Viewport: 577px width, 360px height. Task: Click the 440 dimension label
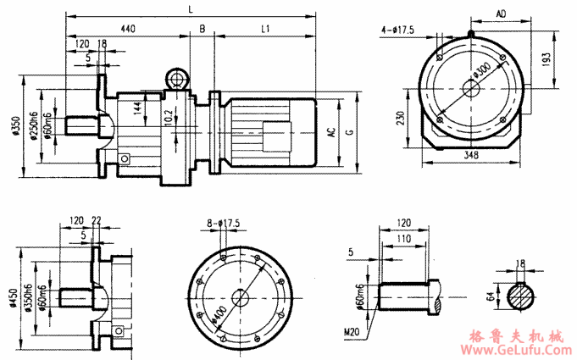coord(128,29)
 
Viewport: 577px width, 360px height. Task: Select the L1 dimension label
coord(265,29)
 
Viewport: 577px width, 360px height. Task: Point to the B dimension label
coord(202,29)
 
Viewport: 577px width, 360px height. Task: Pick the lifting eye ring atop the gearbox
coord(177,79)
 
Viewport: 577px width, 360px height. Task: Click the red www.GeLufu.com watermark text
coord(517,348)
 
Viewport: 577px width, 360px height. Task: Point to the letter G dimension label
coord(350,131)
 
